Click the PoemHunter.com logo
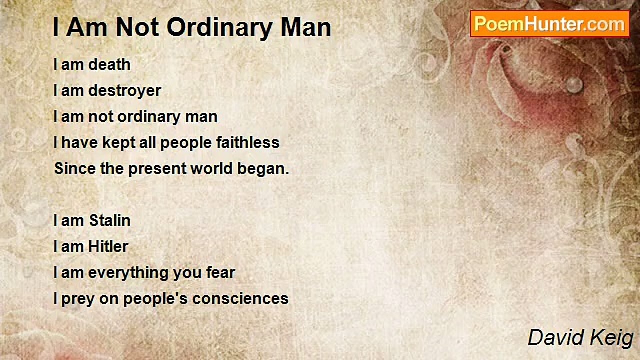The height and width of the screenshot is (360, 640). (550, 24)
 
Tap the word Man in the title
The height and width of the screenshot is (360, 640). (306, 27)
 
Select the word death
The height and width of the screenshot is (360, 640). (109, 65)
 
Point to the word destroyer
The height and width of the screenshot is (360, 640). (125, 91)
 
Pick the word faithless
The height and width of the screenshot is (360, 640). (248, 142)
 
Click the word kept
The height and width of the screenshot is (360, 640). (119, 143)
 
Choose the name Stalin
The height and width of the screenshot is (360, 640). (110, 221)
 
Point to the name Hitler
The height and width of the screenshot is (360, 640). (108, 247)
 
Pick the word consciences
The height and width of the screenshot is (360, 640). (240, 299)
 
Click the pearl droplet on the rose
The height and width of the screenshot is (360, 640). (574, 85)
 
